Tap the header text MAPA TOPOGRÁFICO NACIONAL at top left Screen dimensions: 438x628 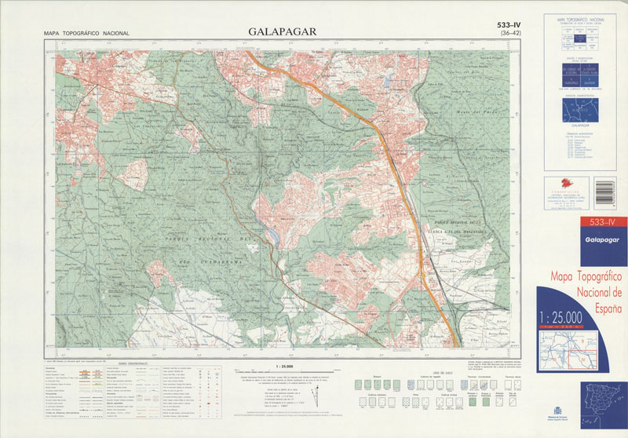(x=86, y=34)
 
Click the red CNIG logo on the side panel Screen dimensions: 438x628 (x=563, y=185)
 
